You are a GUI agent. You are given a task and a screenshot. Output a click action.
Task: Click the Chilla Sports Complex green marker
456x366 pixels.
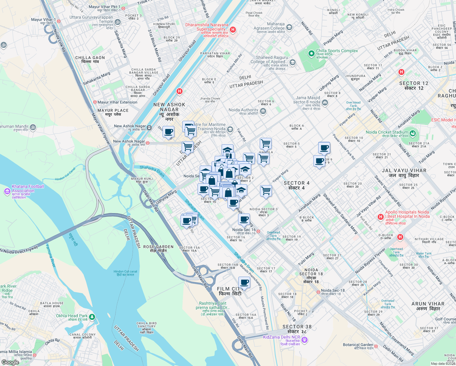coord(311,54)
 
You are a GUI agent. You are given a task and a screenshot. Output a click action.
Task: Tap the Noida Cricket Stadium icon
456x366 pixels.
coord(413,133)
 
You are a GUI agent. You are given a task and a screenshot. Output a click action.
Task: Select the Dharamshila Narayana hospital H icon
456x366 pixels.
coord(233,30)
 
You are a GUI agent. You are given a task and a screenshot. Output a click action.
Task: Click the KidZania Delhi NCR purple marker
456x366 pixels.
coord(305,339)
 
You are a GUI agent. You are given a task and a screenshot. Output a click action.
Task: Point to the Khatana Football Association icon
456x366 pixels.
coord(7,191)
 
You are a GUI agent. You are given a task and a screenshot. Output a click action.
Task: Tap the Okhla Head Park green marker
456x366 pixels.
coord(92,317)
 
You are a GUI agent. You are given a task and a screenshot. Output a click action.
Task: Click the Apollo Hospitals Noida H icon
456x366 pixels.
coord(380,217)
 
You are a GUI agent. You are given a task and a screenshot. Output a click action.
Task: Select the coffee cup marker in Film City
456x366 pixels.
coord(244,282)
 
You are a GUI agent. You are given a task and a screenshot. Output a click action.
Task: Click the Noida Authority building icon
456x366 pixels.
coord(263,111)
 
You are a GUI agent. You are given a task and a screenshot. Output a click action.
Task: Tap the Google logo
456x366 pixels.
coord(10,362)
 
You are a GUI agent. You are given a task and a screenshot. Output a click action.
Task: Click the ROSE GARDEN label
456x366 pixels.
coord(158,249)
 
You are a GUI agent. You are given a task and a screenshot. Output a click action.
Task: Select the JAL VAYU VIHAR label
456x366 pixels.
coord(404,173)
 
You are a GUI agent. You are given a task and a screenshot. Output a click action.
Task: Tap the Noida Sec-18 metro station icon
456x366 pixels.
coord(318,292)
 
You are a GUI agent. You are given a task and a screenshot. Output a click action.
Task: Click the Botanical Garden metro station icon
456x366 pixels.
coord(376,346)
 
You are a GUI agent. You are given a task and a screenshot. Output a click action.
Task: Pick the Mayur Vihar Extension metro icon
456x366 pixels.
coord(95,102)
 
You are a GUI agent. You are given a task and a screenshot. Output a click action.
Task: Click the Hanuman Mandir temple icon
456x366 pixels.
coord(33,127)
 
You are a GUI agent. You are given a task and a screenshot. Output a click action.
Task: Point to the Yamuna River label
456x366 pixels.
coord(51,256)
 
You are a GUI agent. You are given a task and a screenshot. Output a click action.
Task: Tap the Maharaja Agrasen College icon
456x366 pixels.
coord(289,27)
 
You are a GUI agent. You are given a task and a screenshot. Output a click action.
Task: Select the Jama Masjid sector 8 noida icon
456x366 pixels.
coord(325,103)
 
